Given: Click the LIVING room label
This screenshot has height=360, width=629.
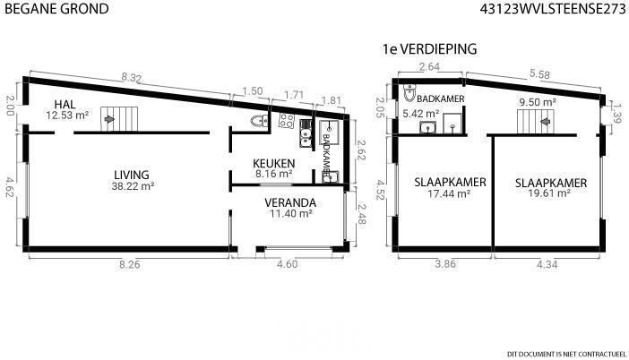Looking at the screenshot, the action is [x=132, y=175].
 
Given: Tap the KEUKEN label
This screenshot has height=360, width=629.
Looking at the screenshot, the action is [x=274, y=164].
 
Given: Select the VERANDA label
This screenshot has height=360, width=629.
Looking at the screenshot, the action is [x=290, y=202].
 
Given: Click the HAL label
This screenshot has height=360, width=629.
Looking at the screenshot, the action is [x=65, y=105].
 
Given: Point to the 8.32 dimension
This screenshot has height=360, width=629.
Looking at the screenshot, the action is [x=132, y=78].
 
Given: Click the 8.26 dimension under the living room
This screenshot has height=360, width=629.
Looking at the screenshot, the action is [x=130, y=264].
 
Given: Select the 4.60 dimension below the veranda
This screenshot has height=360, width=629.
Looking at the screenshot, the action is [x=288, y=264].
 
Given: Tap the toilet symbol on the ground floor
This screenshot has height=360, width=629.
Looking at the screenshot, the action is [x=260, y=120].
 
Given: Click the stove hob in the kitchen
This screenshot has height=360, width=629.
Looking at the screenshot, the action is [x=287, y=120].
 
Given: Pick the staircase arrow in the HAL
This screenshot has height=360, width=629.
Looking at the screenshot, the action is [x=108, y=119].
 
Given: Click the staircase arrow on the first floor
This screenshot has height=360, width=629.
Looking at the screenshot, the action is [x=545, y=121].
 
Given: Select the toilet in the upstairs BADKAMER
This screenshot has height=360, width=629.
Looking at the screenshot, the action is [x=409, y=92].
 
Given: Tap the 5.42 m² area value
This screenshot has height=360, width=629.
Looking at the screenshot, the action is [x=421, y=114].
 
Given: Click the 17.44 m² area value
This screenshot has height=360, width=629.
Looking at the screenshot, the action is [x=449, y=193].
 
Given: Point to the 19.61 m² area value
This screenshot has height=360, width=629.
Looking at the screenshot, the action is [x=549, y=193].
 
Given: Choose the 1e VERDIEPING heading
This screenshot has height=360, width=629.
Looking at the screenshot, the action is [x=430, y=49].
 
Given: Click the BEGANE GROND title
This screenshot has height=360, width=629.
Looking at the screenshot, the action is [x=57, y=8].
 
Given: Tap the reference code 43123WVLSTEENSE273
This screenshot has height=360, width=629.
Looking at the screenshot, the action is [x=553, y=9].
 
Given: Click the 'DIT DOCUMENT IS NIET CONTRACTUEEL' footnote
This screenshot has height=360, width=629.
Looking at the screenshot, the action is [x=566, y=354].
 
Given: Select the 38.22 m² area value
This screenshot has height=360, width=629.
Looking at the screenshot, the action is [x=134, y=186].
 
